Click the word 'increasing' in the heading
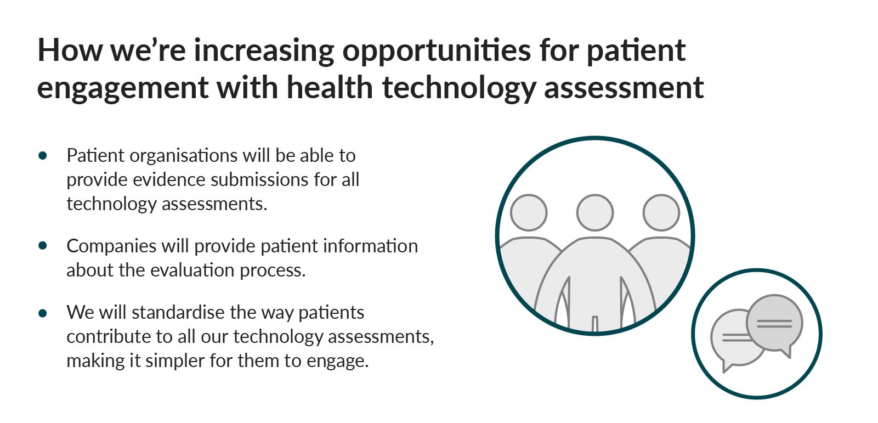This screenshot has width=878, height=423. (x=264, y=52)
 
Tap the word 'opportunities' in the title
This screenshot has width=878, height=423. (x=436, y=52)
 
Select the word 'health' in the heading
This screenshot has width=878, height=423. (x=330, y=87)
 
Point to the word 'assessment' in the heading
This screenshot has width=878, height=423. (x=624, y=88)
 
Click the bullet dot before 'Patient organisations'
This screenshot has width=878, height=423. (x=43, y=156)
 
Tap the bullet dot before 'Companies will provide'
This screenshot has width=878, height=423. (x=43, y=246)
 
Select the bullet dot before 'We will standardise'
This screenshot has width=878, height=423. (x=43, y=313)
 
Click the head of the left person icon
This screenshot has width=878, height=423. (x=529, y=212)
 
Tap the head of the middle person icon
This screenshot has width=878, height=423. (x=595, y=212)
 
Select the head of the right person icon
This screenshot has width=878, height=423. (x=661, y=212)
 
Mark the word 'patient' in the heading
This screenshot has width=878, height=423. (x=636, y=52)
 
